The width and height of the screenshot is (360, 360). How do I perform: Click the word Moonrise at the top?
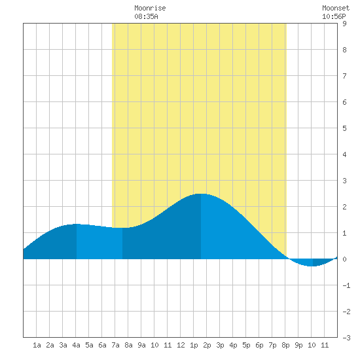pos(150,8)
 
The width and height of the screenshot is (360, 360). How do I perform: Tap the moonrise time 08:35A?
pos(146,16)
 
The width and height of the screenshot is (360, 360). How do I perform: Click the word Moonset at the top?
pos(336,8)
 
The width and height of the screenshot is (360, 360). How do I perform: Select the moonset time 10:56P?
pos(334,16)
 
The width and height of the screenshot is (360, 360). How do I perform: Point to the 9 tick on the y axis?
pos(344,24)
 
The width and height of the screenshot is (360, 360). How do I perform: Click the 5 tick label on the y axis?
pos(344,128)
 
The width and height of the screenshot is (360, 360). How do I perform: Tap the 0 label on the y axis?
pos(344,259)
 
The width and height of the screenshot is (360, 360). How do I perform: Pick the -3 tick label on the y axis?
pos(346,338)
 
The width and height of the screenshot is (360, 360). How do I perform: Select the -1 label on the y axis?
pos(346,285)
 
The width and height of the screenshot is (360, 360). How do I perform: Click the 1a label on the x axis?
pos(37,345)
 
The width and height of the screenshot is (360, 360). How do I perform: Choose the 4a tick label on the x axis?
pos(76,345)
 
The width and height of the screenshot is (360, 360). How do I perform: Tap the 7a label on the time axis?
pos(115,345)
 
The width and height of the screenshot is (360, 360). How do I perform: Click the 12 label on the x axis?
pos(181,345)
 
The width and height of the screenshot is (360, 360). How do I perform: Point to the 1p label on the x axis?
pos(194,345)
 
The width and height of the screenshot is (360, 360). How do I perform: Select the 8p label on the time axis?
pos(285,345)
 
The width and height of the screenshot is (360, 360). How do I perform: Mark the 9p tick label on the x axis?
pos(298,345)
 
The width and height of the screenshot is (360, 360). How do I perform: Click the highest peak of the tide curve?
pos(201,194)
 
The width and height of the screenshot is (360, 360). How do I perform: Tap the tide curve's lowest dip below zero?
pos(312,266)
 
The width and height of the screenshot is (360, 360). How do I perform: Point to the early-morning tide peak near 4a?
pos(76,224)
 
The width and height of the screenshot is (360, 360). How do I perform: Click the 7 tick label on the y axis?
pos(344,76)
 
